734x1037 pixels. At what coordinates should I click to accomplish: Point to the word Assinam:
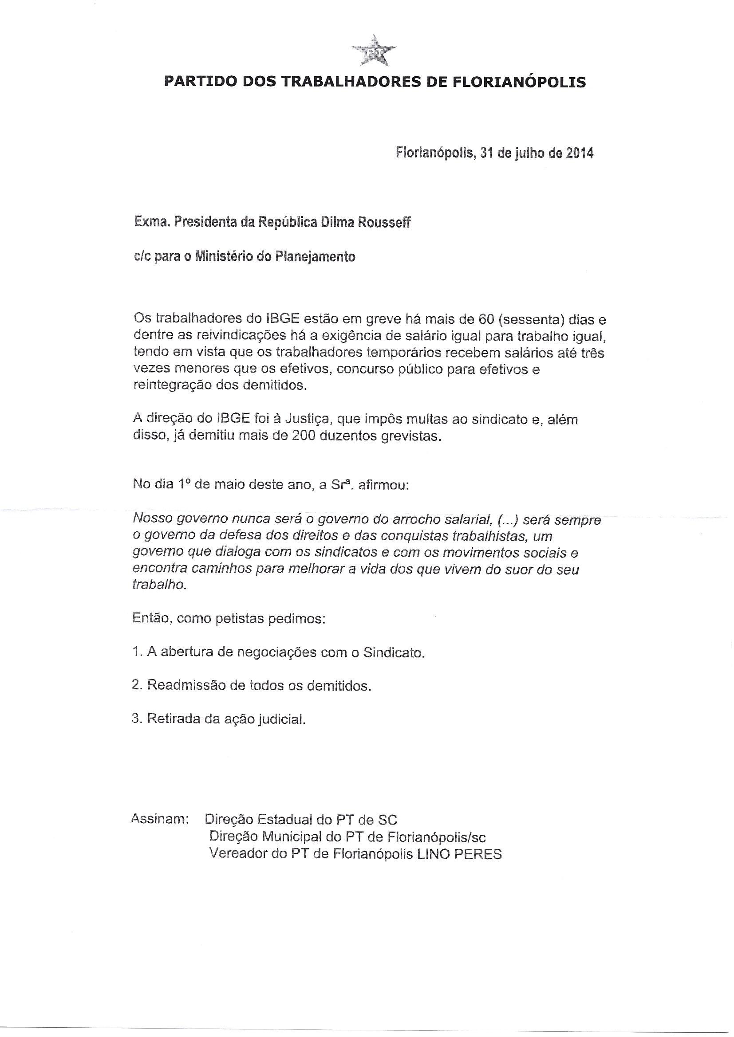click(159, 818)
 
